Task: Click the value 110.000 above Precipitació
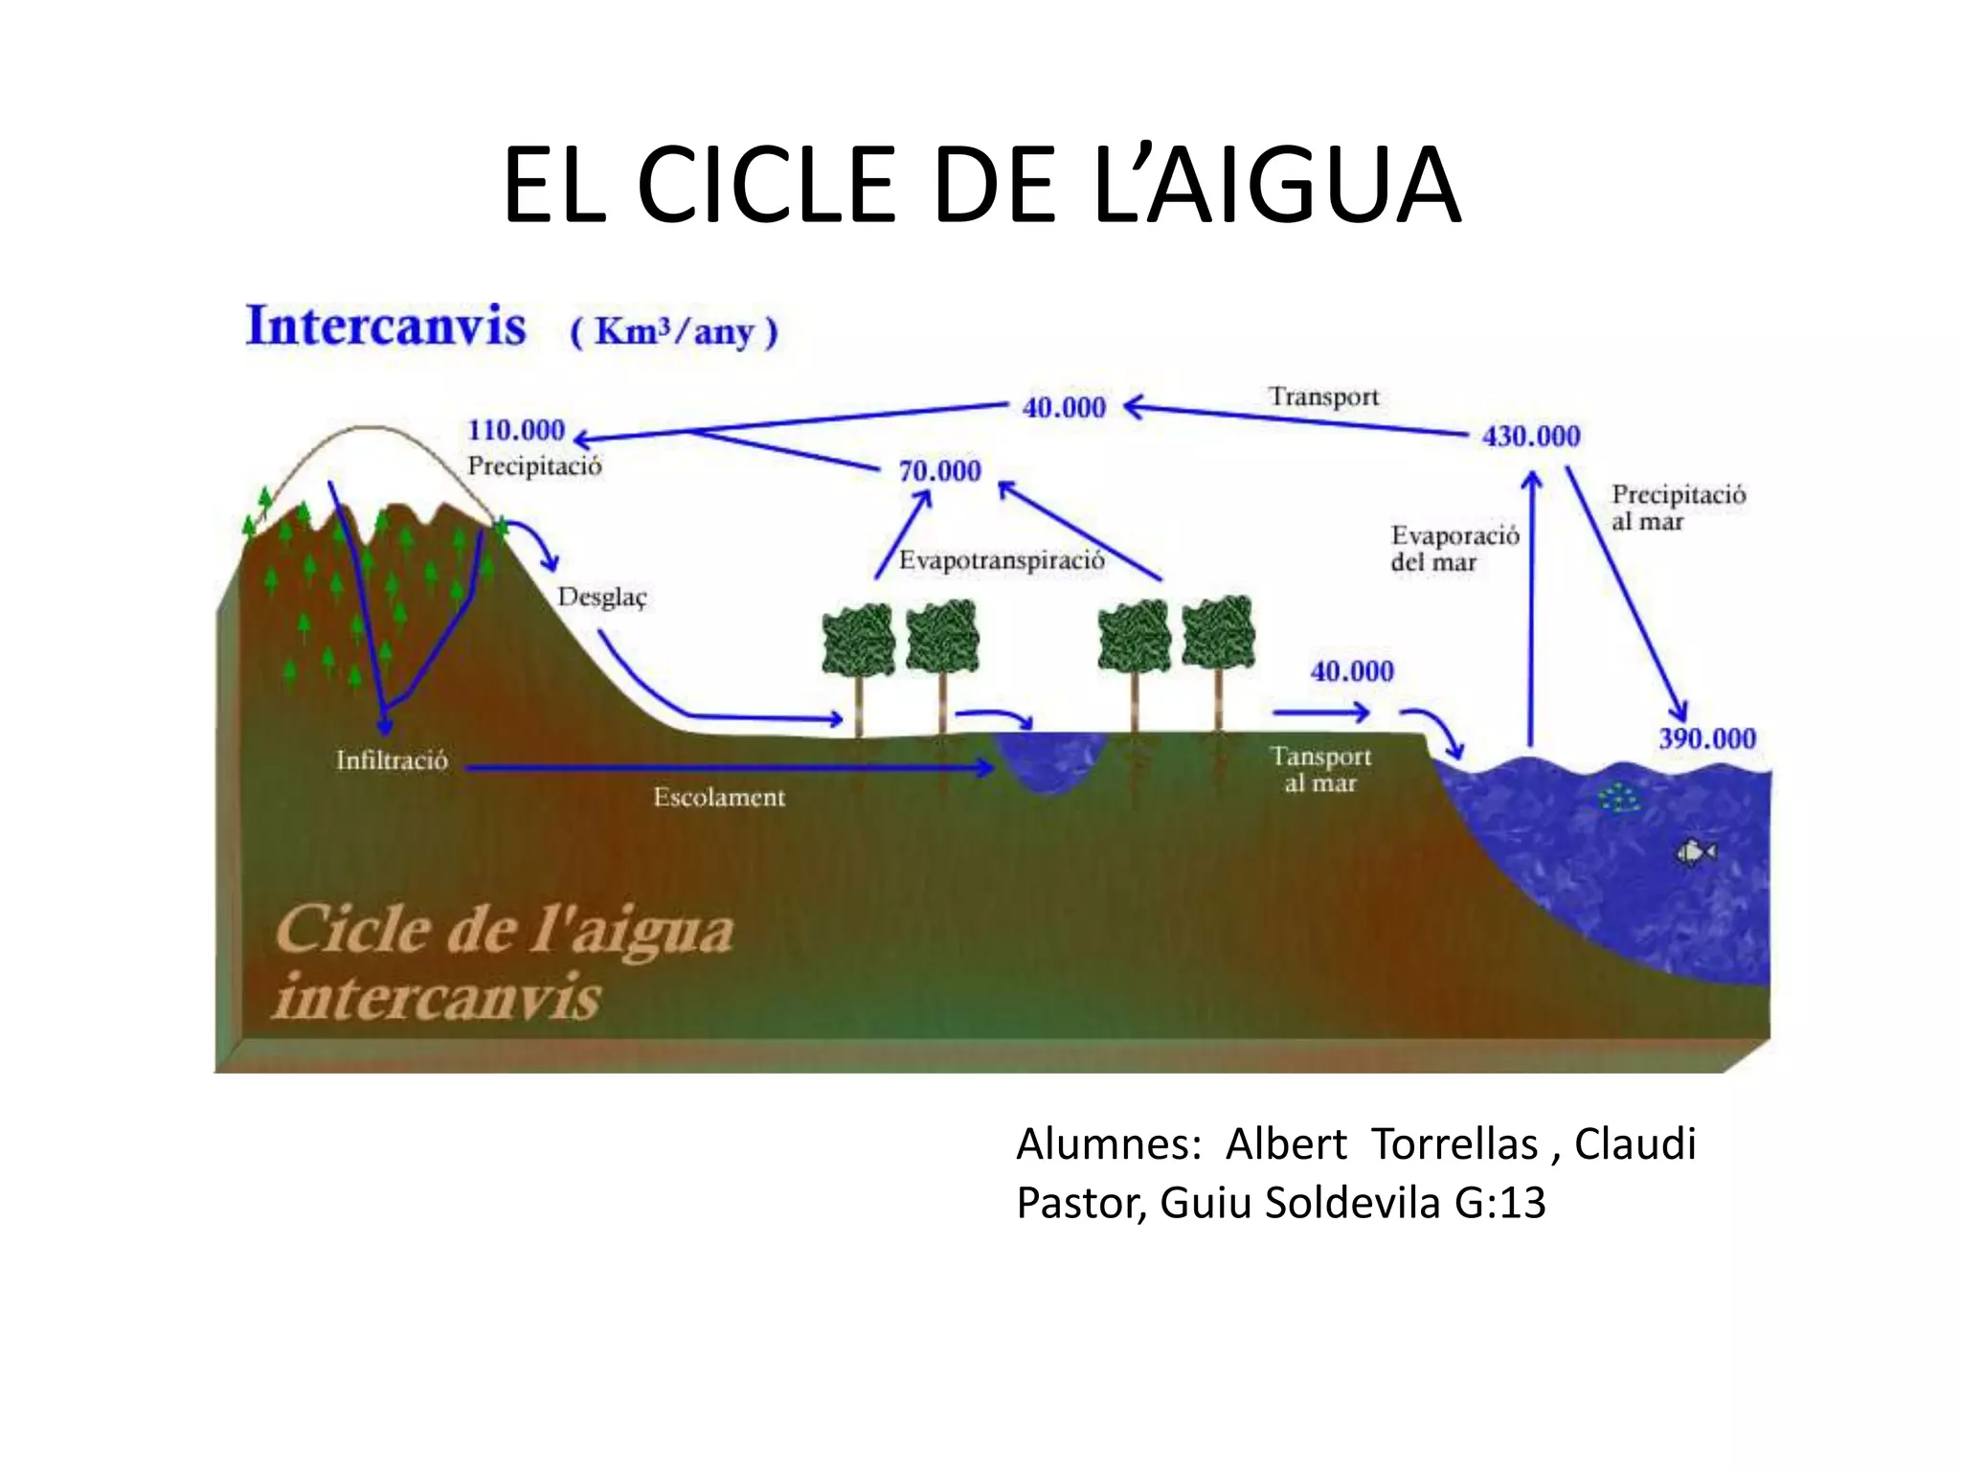(x=516, y=431)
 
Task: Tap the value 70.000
(x=939, y=471)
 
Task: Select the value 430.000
(x=1531, y=437)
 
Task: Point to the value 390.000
(x=1707, y=739)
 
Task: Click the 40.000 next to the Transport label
(x=1064, y=408)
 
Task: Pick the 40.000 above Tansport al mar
(x=1352, y=671)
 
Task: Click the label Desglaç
(x=602, y=598)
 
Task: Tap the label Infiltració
(x=392, y=760)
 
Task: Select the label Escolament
(x=719, y=798)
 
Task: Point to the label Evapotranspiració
(x=1002, y=560)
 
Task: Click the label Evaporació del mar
(x=1454, y=549)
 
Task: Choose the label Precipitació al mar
(x=1678, y=508)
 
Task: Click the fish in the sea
(x=1696, y=851)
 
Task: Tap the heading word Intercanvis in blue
(x=386, y=326)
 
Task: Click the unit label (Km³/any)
(x=674, y=331)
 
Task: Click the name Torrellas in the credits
(x=1454, y=1143)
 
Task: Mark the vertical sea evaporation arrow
(x=1531, y=613)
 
